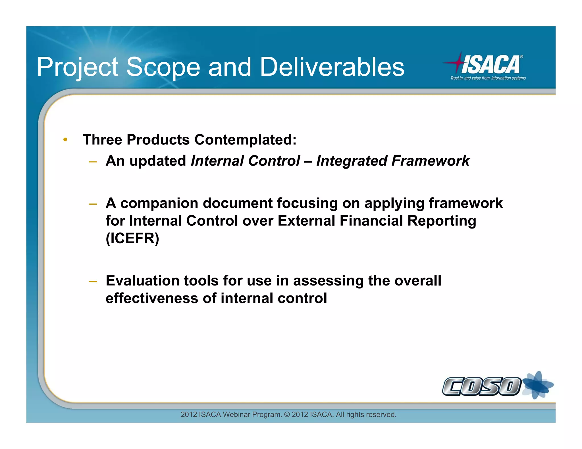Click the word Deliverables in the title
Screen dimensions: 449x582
tap(332, 67)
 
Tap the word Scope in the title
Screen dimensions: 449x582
tap(163, 67)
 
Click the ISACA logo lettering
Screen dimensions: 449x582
tap(491, 65)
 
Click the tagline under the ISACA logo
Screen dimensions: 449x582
tap(488, 78)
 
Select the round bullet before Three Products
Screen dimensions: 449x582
tap(65, 139)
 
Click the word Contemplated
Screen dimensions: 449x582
tap(245, 140)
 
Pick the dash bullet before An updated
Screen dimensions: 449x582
tap(93, 162)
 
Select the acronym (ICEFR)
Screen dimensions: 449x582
tap(132, 238)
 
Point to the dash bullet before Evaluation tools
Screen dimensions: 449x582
tap(93, 282)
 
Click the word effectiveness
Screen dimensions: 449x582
tap(152, 298)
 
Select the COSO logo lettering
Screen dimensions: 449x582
tap(481, 386)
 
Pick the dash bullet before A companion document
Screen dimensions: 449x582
tap(93, 204)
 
